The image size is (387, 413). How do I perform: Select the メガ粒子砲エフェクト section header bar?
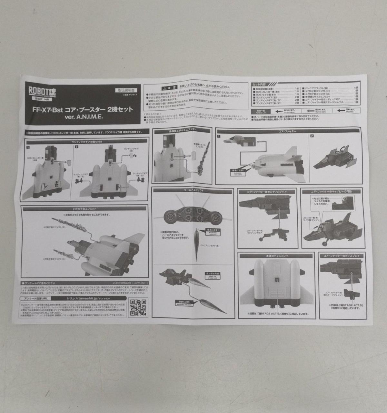click(85, 209)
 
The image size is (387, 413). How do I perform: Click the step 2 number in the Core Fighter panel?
click(312, 136)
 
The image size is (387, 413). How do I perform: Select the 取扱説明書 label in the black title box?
click(124, 91)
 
